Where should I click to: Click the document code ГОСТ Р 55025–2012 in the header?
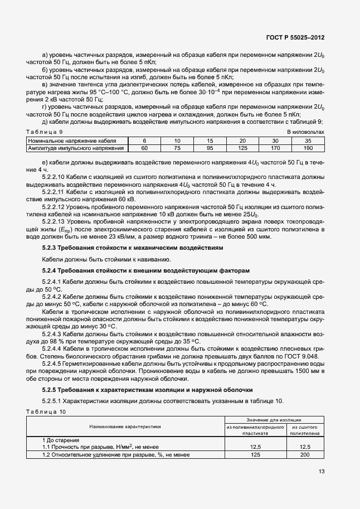point(296,38)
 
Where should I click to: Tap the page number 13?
point(322,471)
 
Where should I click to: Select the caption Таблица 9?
point(45,131)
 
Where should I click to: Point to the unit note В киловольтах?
point(305,131)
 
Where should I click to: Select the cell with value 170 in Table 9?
point(275,148)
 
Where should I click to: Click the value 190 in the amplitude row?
point(308,148)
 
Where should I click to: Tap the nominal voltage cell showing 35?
point(308,141)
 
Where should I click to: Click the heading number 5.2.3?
point(51,247)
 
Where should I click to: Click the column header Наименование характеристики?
point(125,426)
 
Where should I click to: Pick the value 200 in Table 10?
point(304,455)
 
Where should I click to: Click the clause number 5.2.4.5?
point(54,362)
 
